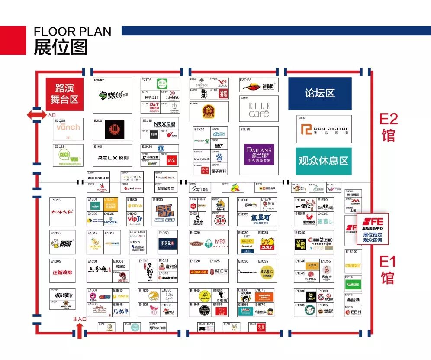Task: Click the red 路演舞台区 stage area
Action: tap(64, 94)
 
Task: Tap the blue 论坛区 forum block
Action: tap(320, 94)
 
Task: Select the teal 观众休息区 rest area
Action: tap(323, 161)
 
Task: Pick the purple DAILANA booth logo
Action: tap(259, 154)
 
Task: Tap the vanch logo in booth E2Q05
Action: tap(68, 127)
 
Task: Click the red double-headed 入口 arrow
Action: tap(37, 115)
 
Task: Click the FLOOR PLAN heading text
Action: tap(72, 32)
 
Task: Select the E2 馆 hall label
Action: tap(388, 127)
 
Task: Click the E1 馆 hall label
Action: tap(388, 269)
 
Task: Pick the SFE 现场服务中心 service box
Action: tap(373, 229)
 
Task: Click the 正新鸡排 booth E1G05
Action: tap(62, 273)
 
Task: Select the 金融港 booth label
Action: tap(353, 299)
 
